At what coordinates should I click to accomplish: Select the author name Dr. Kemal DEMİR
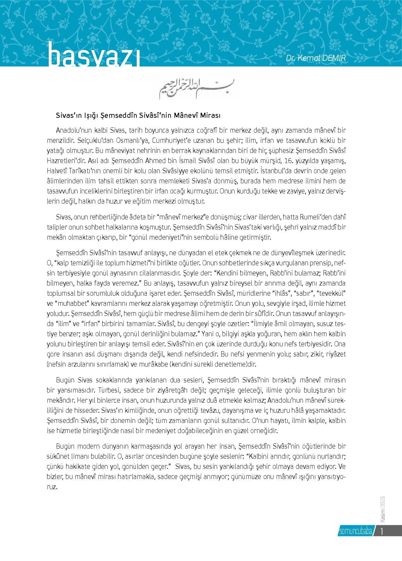(319, 58)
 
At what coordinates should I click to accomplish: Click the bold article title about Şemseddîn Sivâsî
(138, 116)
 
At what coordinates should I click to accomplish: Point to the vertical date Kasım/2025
(381, 506)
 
